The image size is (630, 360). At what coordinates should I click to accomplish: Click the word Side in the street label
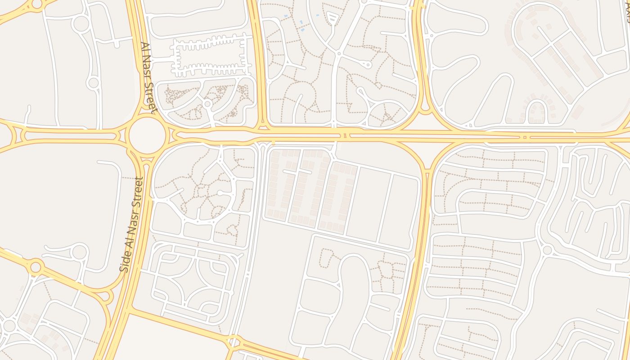125,262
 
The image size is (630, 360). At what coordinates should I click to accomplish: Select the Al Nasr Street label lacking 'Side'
148,77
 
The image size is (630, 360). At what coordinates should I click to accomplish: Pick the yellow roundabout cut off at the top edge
37,4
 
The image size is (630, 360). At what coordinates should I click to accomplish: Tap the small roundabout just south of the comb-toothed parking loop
207,104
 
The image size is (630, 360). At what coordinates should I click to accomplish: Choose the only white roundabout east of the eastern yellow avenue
547,249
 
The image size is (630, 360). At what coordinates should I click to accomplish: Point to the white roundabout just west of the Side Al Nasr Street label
79,252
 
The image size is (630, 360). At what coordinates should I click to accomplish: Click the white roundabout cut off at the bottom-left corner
9,325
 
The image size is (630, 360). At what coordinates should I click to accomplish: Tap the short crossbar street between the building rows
297,171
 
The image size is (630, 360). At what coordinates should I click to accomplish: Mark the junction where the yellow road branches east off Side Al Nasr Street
130,310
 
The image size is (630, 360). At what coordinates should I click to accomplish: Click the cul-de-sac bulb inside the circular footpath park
219,193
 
